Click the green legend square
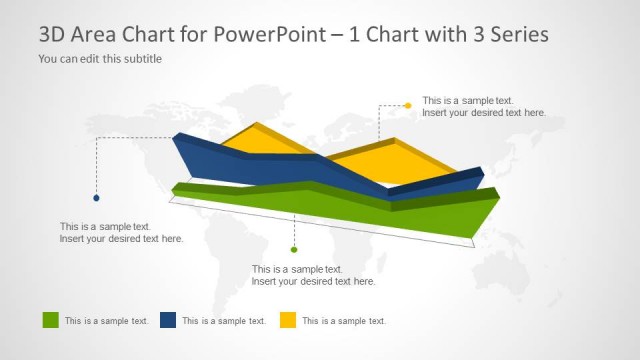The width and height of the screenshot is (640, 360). click(x=51, y=320)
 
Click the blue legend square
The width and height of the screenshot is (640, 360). click(x=168, y=320)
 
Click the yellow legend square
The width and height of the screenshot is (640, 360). click(x=287, y=320)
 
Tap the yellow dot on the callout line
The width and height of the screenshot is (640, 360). click(x=408, y=105)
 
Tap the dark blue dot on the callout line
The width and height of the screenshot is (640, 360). click(x=96, y=198)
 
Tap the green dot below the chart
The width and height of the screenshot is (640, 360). click(x=293, y=249)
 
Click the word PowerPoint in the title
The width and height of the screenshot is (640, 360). click(x=264, y=34)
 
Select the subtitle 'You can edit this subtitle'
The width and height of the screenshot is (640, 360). click(x=100, y=59)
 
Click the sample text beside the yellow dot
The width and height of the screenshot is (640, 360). click(x=484, y=107)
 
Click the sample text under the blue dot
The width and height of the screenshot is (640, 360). click(x=121, y=233)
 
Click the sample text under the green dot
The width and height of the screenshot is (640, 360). click(x=313, y=275)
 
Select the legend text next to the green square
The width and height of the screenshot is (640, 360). click(x=106, y=321)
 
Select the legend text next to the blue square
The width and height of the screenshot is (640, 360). click(x=224, y=321)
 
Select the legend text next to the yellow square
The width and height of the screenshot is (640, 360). click(x=343, y=321)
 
